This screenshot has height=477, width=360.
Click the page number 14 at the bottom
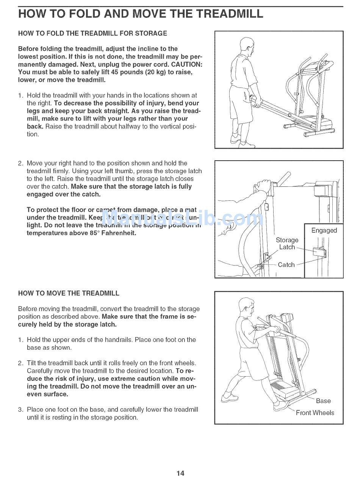click(180, 472)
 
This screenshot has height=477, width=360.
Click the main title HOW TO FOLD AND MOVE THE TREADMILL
click(140, 14)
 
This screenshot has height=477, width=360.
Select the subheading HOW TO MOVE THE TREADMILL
click(69, 293)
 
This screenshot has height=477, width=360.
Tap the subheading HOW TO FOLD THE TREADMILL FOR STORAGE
click(92, 33)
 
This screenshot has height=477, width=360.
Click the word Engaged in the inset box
click(324, 230)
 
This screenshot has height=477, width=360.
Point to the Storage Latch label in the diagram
click(287, 244)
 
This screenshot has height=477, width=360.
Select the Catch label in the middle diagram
click(286, 265)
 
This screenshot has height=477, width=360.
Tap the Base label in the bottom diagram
click(323, 401)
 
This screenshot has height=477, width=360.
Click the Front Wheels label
click(315, 413)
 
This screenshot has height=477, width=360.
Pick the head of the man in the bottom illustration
click(246, 307)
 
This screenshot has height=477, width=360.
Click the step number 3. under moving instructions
click(21, 410)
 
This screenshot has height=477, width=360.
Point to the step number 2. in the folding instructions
click(21, 163)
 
